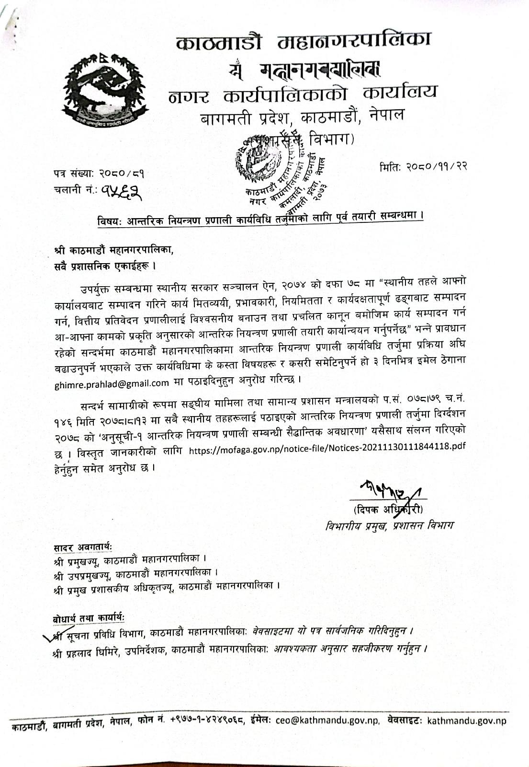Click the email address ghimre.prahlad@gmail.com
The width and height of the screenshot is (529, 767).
[x=112, y=383]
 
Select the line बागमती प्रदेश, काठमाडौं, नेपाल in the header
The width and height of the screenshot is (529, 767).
[x=302, y=116]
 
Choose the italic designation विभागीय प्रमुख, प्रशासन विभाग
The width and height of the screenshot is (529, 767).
[x=389, y=525]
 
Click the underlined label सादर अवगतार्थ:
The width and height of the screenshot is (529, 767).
[x=83, y=547]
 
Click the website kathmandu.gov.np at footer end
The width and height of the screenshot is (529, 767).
[x=466, y=721]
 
